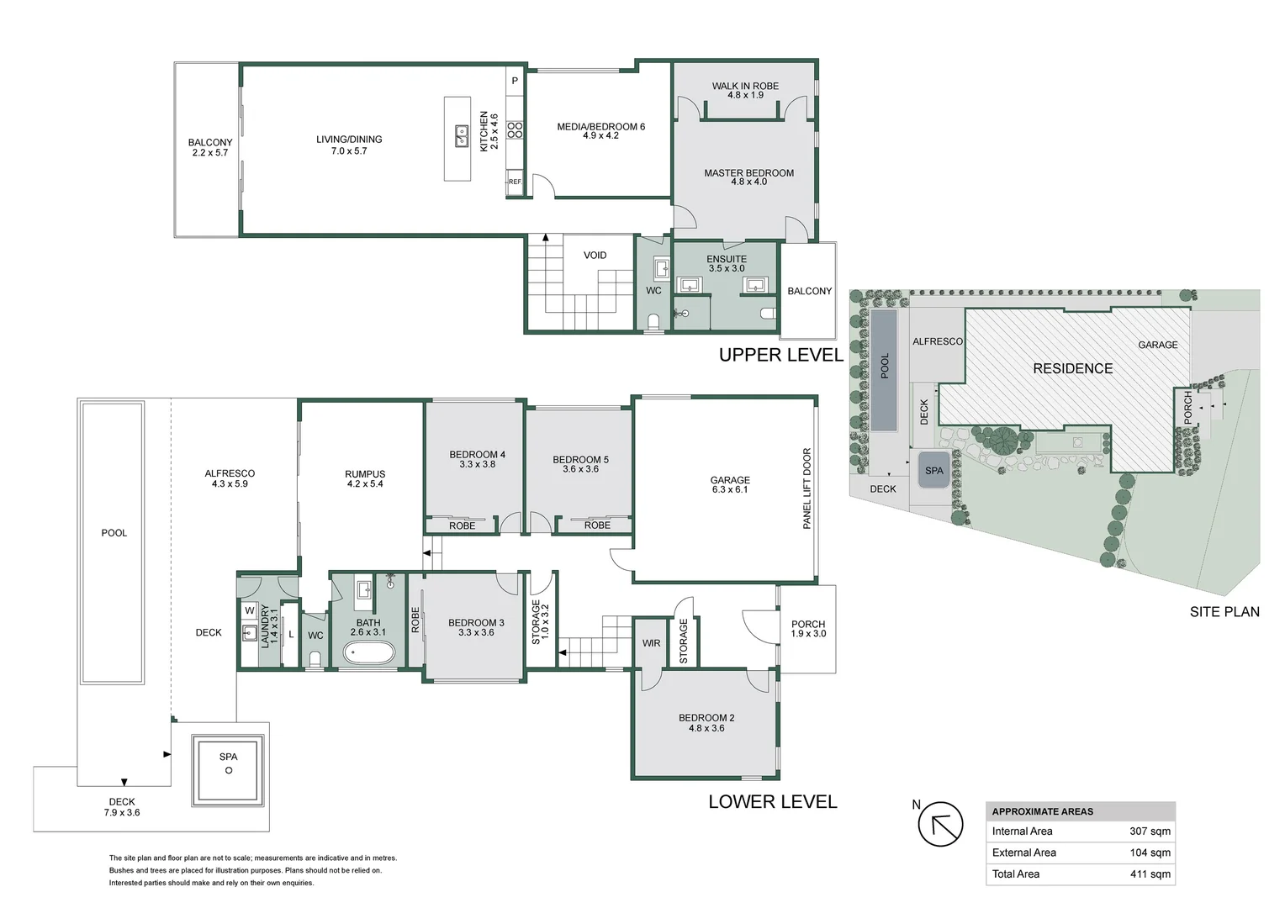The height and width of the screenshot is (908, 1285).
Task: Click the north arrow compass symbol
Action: point(940,824)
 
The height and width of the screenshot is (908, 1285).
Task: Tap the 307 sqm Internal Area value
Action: point(1150,831)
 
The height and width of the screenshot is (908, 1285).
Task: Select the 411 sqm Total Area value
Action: point(1150,874)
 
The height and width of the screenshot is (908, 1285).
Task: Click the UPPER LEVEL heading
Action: point(780,355)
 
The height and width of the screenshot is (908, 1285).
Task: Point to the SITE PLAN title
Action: point(1224,612)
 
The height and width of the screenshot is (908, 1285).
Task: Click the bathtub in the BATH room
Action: point(368,652)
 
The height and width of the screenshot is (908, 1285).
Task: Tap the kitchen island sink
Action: point(462,135)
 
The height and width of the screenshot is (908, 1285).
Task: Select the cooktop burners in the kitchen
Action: point(515,129)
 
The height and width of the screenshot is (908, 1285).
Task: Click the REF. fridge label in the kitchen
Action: point(515,182)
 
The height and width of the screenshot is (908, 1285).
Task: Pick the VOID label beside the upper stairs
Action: point(595,256)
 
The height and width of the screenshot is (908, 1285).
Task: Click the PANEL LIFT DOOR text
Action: point(806,488)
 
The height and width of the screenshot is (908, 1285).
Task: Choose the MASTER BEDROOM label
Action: point(748,177)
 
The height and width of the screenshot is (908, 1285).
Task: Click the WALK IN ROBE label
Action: point(745,90)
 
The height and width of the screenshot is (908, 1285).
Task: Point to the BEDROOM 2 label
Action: point(706,723)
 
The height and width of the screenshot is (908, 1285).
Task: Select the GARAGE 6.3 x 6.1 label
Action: point(730,484)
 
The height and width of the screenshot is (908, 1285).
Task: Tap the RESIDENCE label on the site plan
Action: point(1072,369)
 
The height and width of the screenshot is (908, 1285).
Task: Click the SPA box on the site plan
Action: point(934,471)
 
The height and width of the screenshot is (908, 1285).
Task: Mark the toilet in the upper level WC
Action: point(653,322)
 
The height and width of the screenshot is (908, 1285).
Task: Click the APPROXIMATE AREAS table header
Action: point(1043,811)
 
